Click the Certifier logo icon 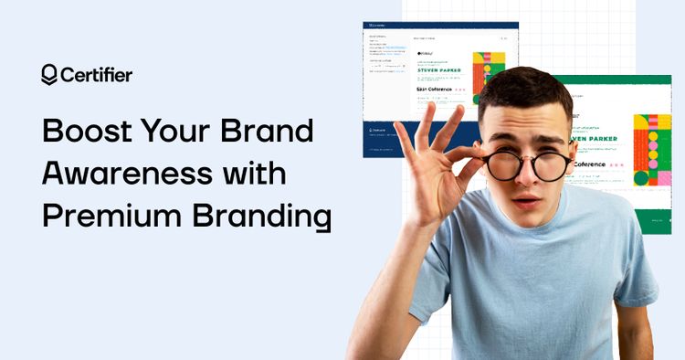click(x=49, y=75)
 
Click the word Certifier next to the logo click(x=95, y=75)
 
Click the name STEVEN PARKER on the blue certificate click(x=438, y=68)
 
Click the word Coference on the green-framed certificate click(x=595, y=165)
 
